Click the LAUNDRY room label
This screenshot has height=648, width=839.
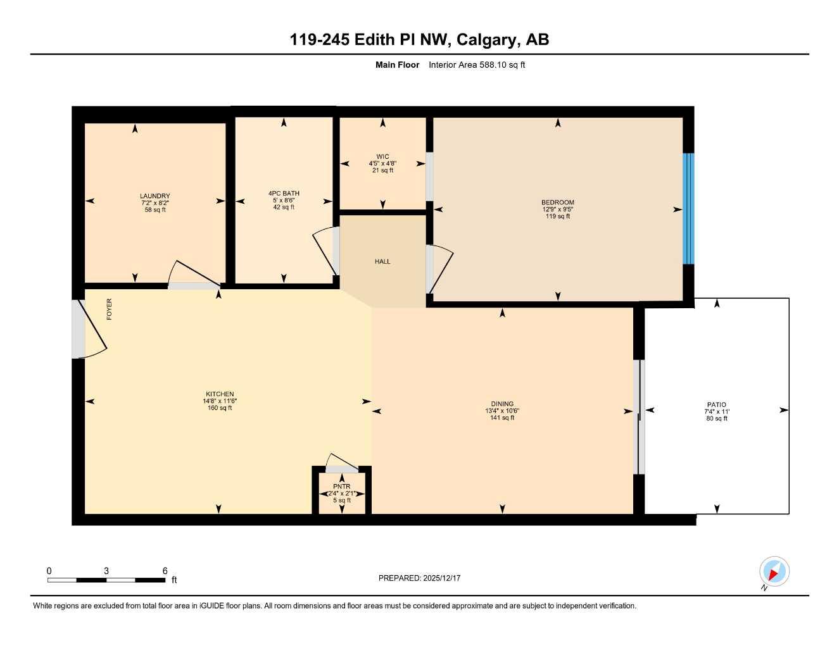[155, 196]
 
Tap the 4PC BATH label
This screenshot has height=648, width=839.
[284, 194]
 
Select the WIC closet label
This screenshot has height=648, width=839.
[382, 157]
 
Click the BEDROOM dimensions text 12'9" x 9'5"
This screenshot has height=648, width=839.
[558, 209]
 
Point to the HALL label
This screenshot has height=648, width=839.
[382, 261]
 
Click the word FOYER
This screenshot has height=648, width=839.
[109, 309]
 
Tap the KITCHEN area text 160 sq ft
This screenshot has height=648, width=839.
[220, 408]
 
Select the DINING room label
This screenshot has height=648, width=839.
[502, 404]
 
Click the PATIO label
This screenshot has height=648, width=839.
[717, 405]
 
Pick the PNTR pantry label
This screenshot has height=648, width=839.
[341, 487]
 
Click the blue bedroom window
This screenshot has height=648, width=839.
[689, 209]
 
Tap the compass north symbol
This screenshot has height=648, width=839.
[774, 573]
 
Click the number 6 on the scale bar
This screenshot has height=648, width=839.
[165, 571]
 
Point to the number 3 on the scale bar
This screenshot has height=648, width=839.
[106, 571]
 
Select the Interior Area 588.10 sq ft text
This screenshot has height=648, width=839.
[477, 65]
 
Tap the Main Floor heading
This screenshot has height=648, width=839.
[397, 65]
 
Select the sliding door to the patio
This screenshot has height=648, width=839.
[640, 416]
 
